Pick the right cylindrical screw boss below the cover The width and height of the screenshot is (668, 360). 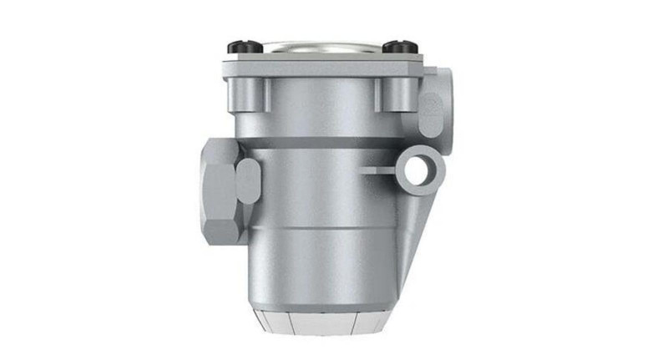click(386, 94)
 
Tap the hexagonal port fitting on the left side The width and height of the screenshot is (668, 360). click(218, 190)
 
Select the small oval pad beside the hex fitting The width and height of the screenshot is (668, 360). click(249, 179)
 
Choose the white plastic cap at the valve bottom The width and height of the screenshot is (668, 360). click(321, 322)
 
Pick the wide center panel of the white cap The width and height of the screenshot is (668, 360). click(321, 324)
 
